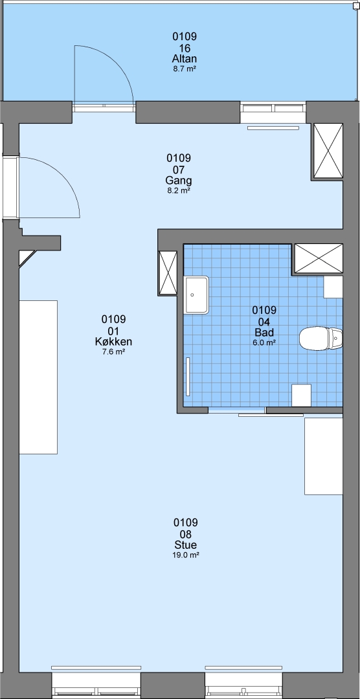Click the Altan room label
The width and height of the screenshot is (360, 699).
(x=185, y=60)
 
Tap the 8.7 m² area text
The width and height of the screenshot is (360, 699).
(x=185, y=69)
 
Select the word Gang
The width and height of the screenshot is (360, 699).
(x=179, y=181)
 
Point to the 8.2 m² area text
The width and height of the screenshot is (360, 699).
(x=179, y=190)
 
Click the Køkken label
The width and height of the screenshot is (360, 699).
(x=113, y=342)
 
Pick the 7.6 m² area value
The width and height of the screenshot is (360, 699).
(x=113, y=351)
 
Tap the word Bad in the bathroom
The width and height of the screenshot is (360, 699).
(x=264, y=333)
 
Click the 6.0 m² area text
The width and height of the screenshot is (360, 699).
(x=264, y=342)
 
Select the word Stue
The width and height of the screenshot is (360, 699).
(x=186, y=545)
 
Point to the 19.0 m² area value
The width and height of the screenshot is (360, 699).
(x=186, y=555)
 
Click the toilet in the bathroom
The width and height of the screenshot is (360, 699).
(x=321, y=338)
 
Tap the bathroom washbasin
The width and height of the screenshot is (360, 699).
(x=196, y=294)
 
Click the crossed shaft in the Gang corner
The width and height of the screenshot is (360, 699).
(x=328, y=150)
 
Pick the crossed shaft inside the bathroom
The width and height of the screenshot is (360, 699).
(x=319, y=258)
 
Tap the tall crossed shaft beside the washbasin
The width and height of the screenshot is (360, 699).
(x=168, y=273)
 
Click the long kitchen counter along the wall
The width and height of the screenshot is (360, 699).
(x=38, y=377)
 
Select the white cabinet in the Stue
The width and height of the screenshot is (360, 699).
(x=324, y=456)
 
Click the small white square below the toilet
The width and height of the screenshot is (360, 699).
(x=301, y=395)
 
